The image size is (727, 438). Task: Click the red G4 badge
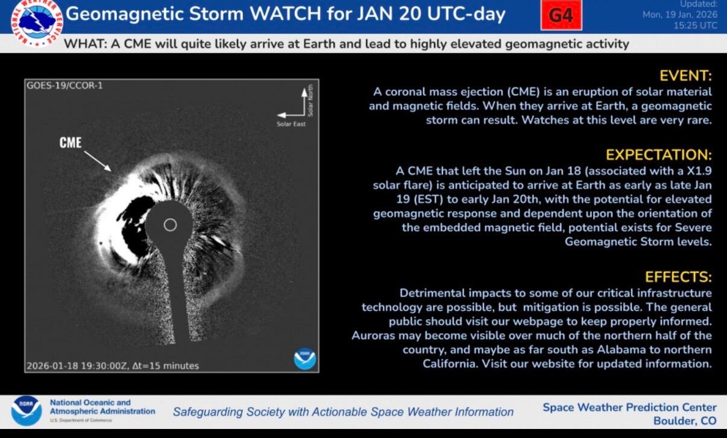(x=561, y=16)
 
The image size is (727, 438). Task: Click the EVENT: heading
(x=686, y=76)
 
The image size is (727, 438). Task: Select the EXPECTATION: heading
(x=659, y=154)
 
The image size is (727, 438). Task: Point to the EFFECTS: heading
(x=678, y=277)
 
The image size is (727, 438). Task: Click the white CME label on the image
(x=70, y=143)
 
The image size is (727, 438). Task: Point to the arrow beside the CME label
(x=97, y=160)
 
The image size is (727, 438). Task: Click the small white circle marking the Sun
(x=170, y=225)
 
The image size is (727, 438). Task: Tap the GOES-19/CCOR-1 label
(x=65, y=86)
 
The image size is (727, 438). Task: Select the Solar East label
(x=291, y=124)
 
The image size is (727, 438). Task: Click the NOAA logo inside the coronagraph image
(x=305, y=358)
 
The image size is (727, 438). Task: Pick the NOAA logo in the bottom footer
(x=26, y=410)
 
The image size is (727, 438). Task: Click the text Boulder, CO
(x=685, y=421)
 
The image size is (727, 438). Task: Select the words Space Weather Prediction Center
(x=629, y=407)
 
